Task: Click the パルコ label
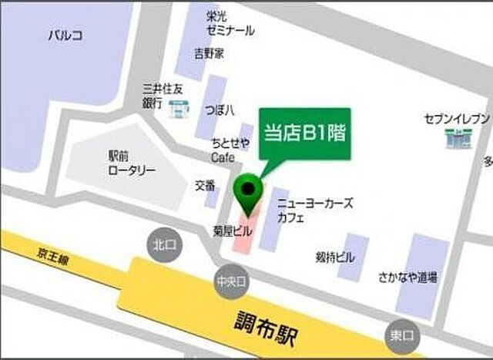click(65, 35)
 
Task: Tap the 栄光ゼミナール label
click(230, 23)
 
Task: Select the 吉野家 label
click(209, 54)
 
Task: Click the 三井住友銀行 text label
click(163, 95)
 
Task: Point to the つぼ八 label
click(220, 109)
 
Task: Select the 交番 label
click(204, 185)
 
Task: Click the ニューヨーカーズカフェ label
click(314, 210)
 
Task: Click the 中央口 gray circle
click(230, 282)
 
